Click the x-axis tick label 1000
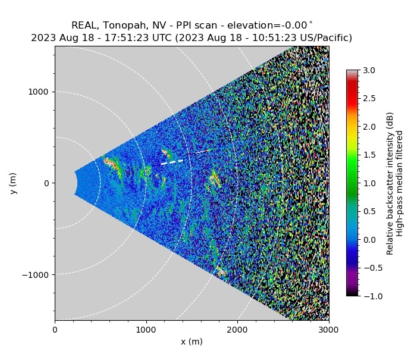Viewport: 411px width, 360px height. click(146, 328)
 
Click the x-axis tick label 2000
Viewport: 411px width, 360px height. click(237, 328)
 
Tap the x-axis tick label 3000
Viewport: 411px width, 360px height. click(328, 328)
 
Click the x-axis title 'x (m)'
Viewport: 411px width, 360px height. click(192, 342)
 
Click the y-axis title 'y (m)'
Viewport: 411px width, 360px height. click(13, 183)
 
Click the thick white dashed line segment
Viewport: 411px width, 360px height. click(172, 161)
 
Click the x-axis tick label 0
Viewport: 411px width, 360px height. click(55, 328)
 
